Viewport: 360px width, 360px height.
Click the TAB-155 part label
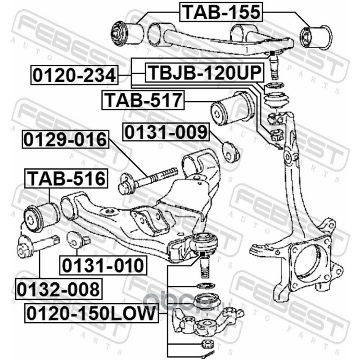coord(221,12)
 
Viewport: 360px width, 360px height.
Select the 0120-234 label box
coord(74,75)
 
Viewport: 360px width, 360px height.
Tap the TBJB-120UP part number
coord(205,72)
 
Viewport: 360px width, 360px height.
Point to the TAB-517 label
coord(143,100)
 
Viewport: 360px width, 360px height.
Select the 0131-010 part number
coord(103,265)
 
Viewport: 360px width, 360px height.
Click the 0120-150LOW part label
coord(91,313)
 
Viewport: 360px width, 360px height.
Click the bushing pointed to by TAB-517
coord(232,108)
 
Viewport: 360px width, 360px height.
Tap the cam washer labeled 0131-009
coord(231,152)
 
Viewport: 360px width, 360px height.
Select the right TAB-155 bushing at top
coord(316,37)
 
